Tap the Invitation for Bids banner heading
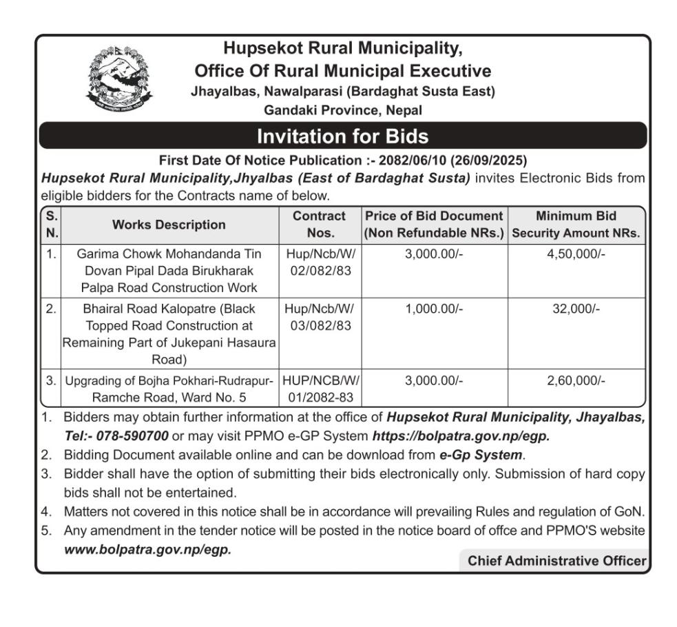point(342,136)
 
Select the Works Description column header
point(169,225)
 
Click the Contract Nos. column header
point(319,225)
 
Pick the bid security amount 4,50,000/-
point(576,254)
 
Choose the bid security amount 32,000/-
point(576,309)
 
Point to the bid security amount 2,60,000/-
point(576,380)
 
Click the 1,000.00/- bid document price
point(434,309)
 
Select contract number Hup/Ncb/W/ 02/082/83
point(320,263)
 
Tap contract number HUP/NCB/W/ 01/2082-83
point(320,389)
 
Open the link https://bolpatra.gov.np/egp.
point(461,435)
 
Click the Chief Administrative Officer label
point(556,561)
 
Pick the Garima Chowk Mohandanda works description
point(169,271)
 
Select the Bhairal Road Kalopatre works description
point(169,333)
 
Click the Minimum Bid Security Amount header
point(576,225)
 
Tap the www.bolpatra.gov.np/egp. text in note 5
point(148,550)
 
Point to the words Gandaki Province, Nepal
point(342,110)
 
